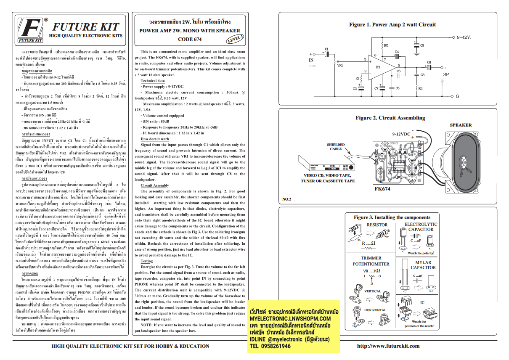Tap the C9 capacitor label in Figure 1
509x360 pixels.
(x=422, y=45)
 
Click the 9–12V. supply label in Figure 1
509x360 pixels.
(x=464, y=37)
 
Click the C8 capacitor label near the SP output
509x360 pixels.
(x=429, y=62)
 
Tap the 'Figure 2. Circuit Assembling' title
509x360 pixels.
(x=390, y=118)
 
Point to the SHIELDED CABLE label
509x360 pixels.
(x=336, y=147)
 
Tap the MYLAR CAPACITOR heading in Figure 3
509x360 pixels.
(x=423, y=265)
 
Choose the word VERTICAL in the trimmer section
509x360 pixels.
(x=372, y=291)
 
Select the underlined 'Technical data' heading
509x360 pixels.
(x=153, y=80)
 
